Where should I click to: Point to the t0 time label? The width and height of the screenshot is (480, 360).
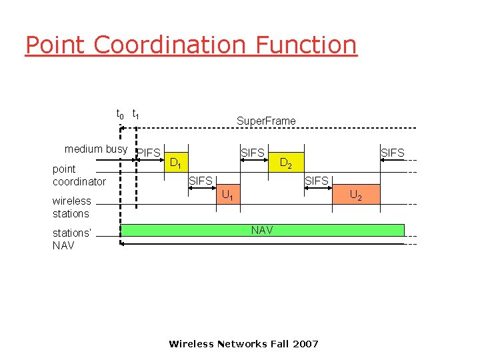[120, 115]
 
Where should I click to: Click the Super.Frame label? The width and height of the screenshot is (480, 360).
[266, 121]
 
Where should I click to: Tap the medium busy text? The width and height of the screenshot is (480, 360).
[96, 149]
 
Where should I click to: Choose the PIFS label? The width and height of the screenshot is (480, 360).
[149, 153]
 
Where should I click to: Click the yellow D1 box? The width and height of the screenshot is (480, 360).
[176, 162]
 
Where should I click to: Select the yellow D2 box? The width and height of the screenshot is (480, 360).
[285, 162]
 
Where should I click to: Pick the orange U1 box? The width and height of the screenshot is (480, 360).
[227, 195]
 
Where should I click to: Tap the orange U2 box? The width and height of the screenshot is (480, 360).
[356, 195]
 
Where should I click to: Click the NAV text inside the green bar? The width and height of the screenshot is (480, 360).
[261, 230]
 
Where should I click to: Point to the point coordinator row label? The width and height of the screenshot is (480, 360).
[79, 175]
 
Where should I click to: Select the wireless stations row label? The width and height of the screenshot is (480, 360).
[71, 207]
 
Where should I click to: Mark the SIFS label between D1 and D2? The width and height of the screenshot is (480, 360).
[253, 153]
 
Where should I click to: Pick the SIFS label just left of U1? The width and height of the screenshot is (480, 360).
[201, 181]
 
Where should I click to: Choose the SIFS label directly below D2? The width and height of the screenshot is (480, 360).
[317, 181]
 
